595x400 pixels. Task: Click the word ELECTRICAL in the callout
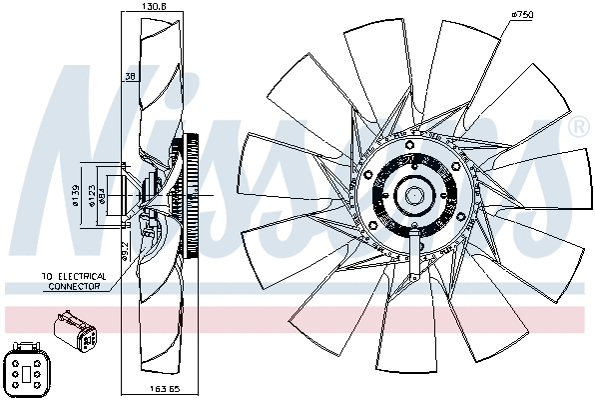click(80, 277)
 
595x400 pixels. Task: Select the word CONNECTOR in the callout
click(73, 287)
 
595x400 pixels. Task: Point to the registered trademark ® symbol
click(577, 128)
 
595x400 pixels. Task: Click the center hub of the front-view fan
click(413, 195)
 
